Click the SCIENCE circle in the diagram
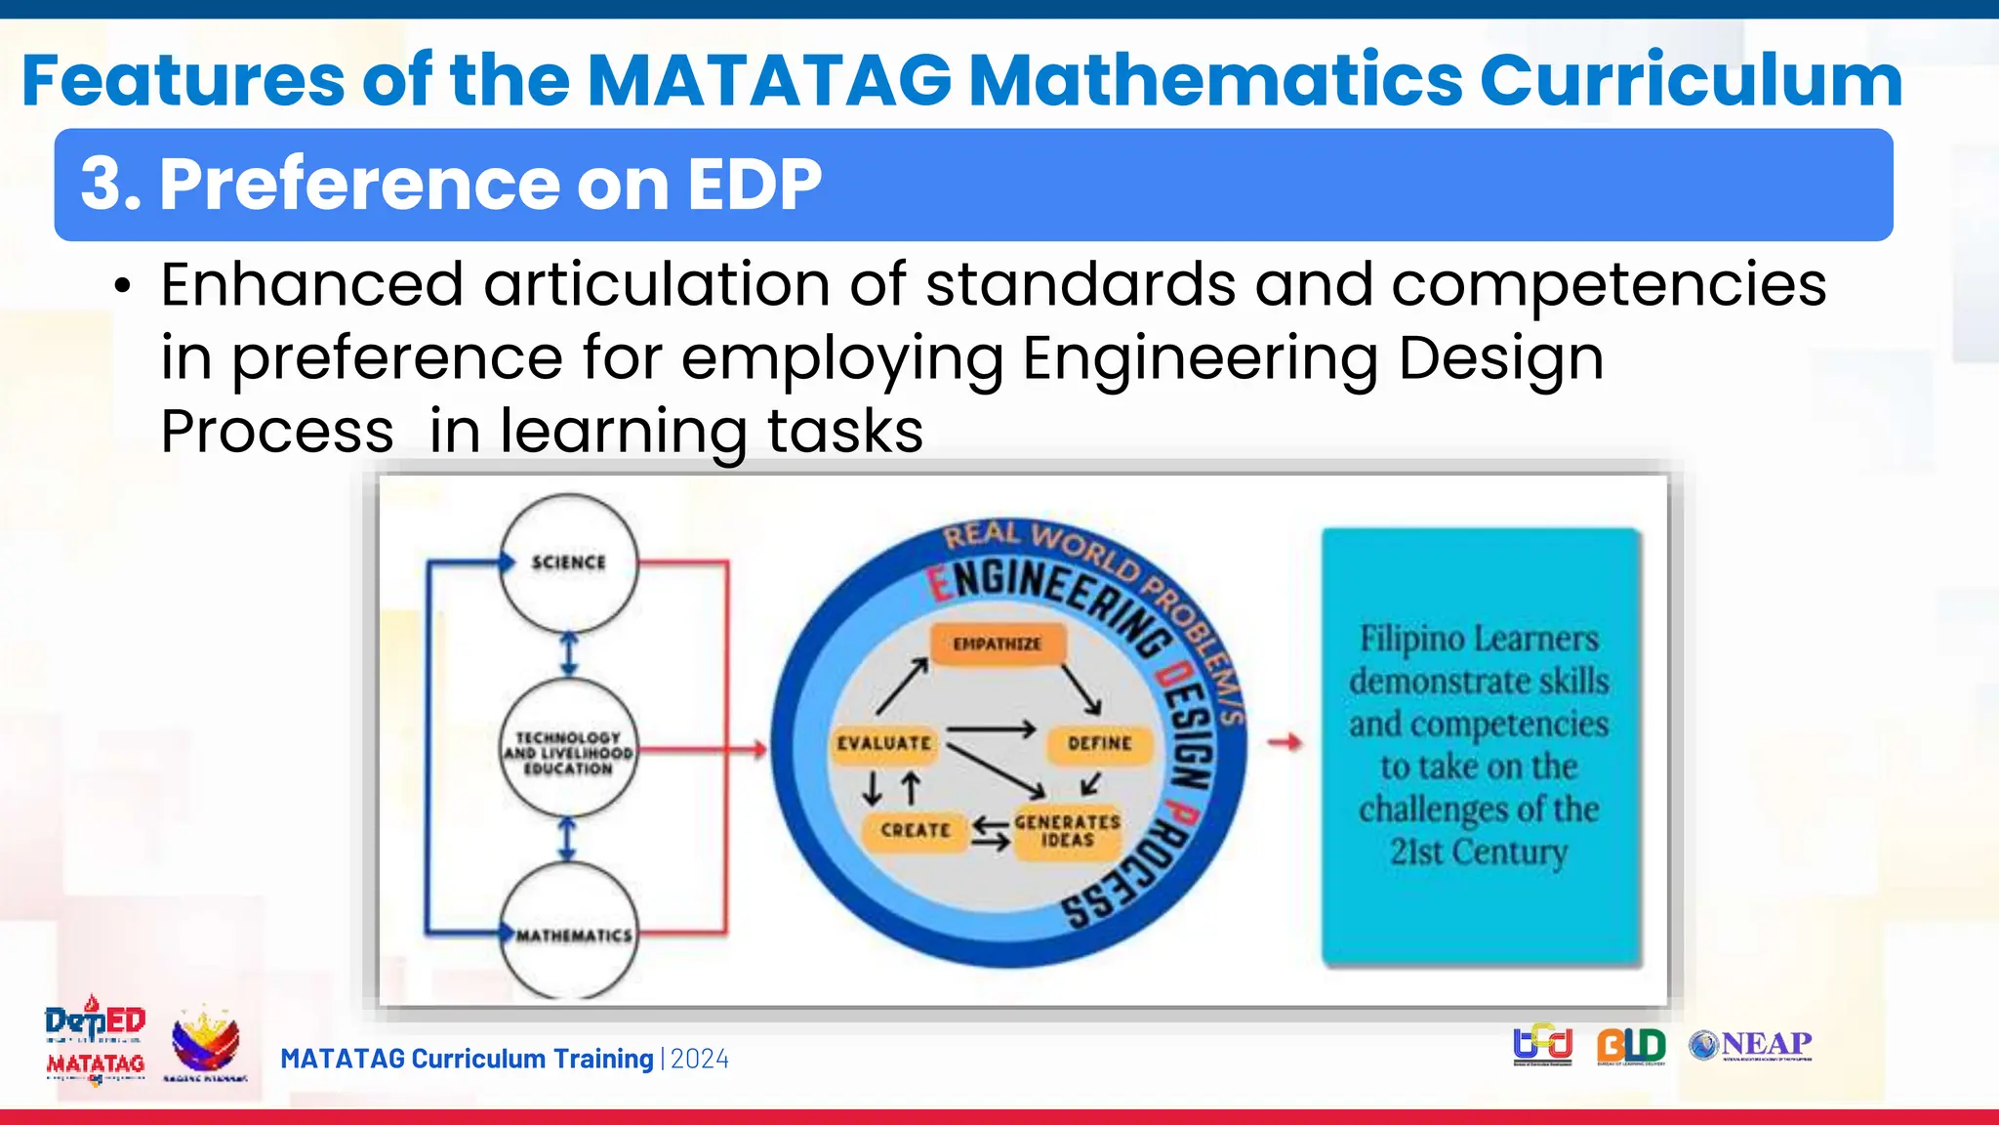tap(568, 562)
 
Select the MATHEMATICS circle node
tap(571, 934)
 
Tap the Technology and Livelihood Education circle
tap(568, 750)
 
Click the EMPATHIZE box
tap(997, 644)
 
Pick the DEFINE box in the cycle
tap(1099, 743)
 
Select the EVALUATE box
tap(884, 743)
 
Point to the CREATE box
tap(915, 830)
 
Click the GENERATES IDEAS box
tap(1067, 831)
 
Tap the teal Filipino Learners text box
tap(1480, 746)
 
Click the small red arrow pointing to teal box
tap(1285, 743)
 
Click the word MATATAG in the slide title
tap(769, 80)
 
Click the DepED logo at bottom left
tap(95, 1021)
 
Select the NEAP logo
tap(1751, 1045)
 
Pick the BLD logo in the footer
tap(1631, 1046)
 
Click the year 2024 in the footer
tap(699, 1059)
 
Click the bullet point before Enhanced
tap(122, 287)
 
